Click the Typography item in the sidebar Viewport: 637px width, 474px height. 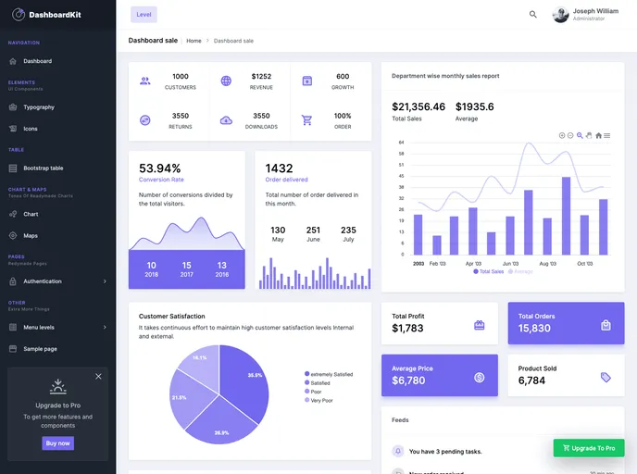pyautogui.click(x=39, y=107)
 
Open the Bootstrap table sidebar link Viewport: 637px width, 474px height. pyautogui.click(x=43, y=168)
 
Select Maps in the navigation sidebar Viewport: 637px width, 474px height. pyautogui.click(x=31, y=235)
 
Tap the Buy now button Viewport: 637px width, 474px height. pyautogui.click(x=57, y=443)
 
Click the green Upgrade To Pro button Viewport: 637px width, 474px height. pyautogui.click(x=588, y=448)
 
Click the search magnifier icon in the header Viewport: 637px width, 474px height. pyautogui.click(x=533, y=14)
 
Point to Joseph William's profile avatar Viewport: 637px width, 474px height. pyautogui.click(x=561, y=14)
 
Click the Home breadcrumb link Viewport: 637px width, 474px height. pyautogui.click(x=194, y=41)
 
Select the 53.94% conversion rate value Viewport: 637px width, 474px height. pyautogui.click(x=160, y=168)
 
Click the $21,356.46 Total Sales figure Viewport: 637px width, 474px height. pyautogui.click(x=418, y=106)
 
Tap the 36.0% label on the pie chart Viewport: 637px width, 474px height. pyautogui.click(x=256, y=375)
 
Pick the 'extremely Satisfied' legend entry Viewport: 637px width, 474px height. pyautogui.click(x=331, y=374)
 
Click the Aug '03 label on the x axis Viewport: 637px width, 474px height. pyautogui.click(x=547, y=263)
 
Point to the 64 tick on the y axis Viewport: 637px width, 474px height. pyautogui.click(x=401, y=142)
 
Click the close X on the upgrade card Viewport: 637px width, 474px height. pyautogui.click(x=98, y=376)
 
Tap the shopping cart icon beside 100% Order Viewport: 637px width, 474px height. pyautogui.click(x=307, y=119)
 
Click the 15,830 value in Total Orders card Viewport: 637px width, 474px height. pyautogui.click(x=534, y=329)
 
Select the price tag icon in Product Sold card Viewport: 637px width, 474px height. pyautogui.click(x=606, y=377)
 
